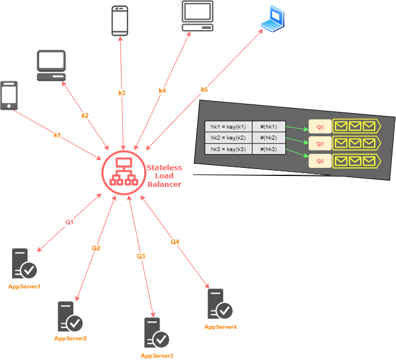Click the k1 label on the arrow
57,135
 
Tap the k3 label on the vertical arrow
122,93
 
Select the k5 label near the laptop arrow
204,89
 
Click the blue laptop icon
272,18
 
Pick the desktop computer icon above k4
198,16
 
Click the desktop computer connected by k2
51,65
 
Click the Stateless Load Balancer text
164,176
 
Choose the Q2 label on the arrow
96,248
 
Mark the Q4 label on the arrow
175,242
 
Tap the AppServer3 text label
157,356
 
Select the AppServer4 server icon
220,304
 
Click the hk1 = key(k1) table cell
228,127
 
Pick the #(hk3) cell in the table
269,149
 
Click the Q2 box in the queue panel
320,142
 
